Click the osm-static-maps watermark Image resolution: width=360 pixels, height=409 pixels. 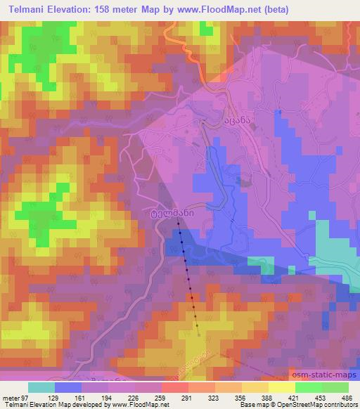click(324, 376)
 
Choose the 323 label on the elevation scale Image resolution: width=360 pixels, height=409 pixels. click(215, 397)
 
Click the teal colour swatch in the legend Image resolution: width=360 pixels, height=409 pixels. click(41, 387)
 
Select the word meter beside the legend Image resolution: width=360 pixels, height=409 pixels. click(10, 397)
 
